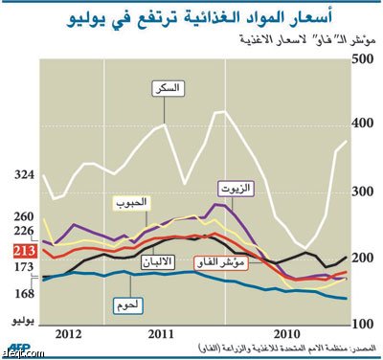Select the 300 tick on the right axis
coord(362,191)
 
